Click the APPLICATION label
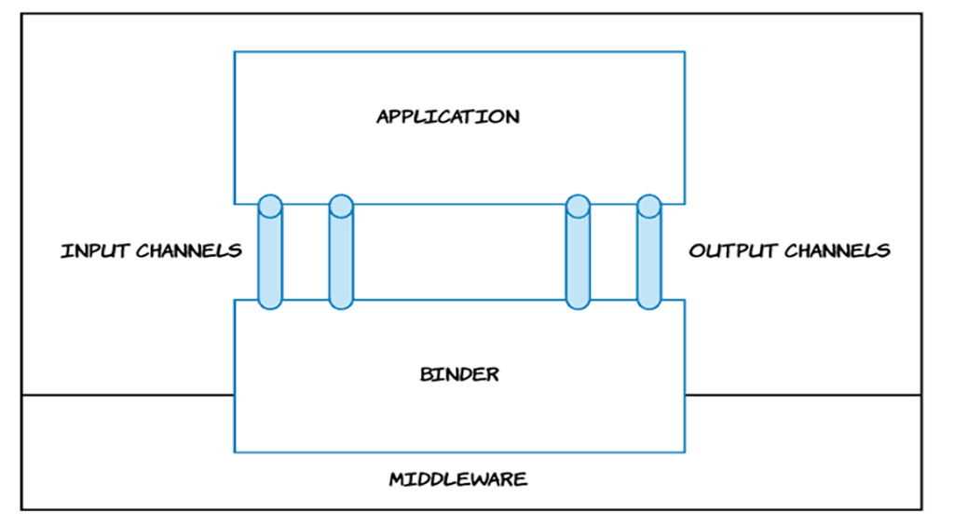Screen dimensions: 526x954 coord(447,117)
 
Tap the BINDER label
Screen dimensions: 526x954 coord(459,375)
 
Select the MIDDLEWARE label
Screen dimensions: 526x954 coord(457,480)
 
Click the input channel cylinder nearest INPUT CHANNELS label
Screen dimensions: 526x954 coord(269,256)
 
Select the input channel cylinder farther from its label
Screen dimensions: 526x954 coord(341,256)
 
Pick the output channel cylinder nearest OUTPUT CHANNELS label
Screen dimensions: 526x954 coord(648,256)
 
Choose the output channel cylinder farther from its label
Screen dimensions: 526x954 coord(578,256)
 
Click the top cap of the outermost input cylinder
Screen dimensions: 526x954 coord(269,205)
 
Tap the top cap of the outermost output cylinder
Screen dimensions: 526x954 coord(648,205)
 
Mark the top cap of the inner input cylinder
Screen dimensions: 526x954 coord(341,205)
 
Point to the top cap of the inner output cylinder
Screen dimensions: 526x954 coord(578,205)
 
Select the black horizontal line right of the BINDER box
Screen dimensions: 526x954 coord(803,396)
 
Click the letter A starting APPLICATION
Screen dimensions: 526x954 coord(383,117)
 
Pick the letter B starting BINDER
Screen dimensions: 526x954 coord(426,375)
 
